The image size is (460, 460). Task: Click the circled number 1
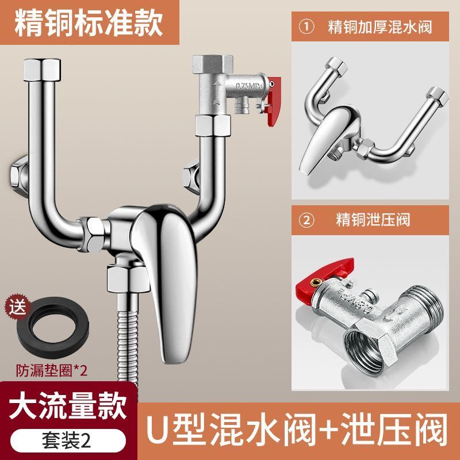[x=306, y=27]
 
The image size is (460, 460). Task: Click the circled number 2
[x=306, y=220]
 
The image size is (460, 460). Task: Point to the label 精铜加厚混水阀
[x=380, y=27]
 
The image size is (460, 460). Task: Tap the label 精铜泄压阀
[x=373, y=220]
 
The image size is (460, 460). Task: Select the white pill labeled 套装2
[x=68, y=441]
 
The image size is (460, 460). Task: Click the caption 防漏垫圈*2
[x=52, y=370]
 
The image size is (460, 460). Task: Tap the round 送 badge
[x=17, y=308]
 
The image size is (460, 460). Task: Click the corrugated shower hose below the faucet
[x=128, y=338]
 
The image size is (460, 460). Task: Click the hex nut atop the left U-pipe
[x=42, y=70]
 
